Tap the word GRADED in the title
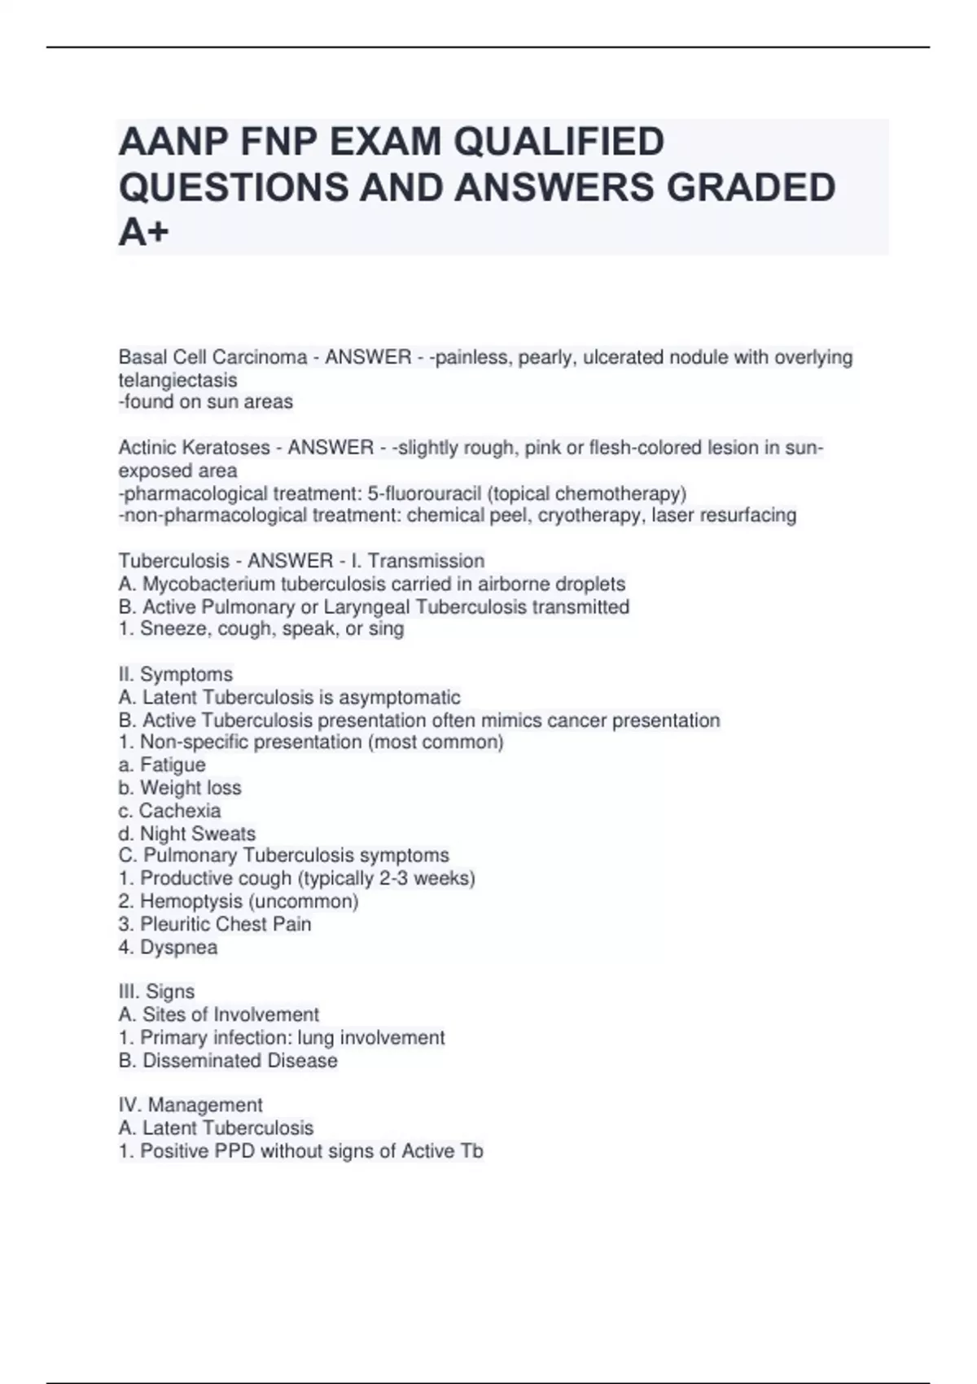[x=751, y=187]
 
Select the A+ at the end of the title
[x=144, y=233]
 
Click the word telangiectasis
[x=177, y=379]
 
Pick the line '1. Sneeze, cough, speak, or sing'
[x=261, y=628]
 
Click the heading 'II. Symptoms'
[x=176, y=674]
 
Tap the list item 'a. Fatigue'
[x=162, y=764]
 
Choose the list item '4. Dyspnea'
[x=168, y=947]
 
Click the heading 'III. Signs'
[x=156, y=992]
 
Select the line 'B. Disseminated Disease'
[x=228, y=1060]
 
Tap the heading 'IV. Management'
[x=191, y=1105]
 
